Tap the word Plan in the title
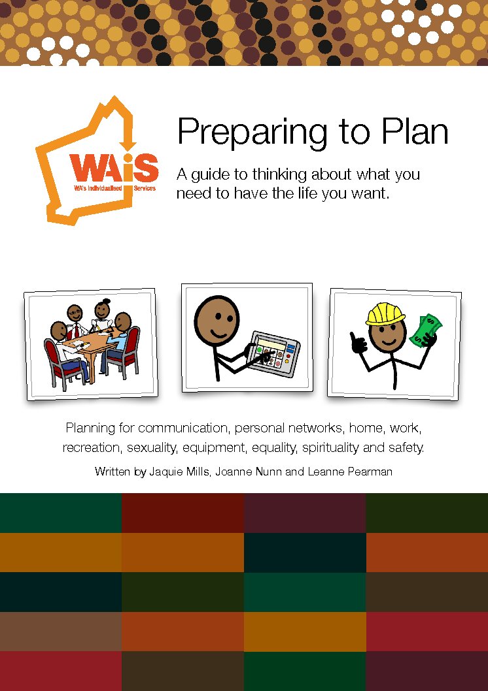point(415,131)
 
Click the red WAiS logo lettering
point(114,168)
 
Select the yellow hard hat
point(385,313)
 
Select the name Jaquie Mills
point(179,472)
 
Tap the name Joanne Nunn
point(248,472)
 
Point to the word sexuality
point(152,448)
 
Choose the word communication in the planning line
point(183,428)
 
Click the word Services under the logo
point(145,188)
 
